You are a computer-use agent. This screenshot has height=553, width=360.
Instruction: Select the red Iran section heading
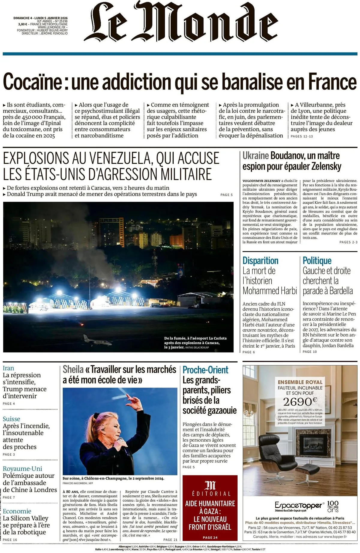(x=8, y=368)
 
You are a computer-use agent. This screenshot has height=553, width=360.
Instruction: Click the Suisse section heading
(x=11, y=419)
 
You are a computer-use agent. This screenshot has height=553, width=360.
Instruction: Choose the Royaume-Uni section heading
(x=22, y=469)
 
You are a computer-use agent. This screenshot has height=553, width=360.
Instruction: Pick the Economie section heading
(x=17, y=511)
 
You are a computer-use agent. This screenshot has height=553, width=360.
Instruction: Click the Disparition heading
(x=260, y=261)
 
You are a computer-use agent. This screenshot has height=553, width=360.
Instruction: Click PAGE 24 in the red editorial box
(x=210, y=537)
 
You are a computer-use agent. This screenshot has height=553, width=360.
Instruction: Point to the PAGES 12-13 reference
(x=301, y=136)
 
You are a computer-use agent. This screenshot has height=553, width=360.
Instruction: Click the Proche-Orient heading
(x=205, y=370)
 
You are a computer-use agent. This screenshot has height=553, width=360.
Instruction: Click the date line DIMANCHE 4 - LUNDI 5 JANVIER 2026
(x=40, y=18)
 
